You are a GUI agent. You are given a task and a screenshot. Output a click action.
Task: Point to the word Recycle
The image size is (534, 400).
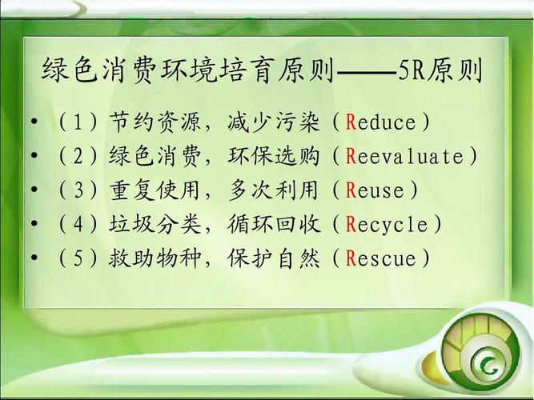click(387, 225)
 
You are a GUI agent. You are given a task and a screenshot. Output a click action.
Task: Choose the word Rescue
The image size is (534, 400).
click(382, 259)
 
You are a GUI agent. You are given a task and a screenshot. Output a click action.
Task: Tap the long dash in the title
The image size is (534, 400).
click(367, 74)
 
